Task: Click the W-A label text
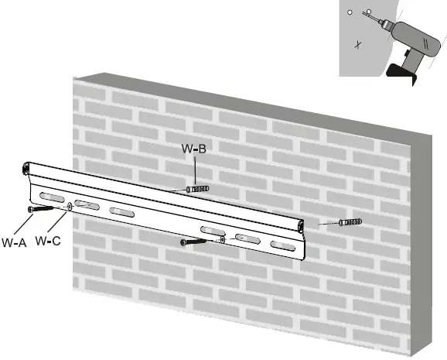(x=14, y=242)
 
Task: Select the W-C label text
(x=48, y=242)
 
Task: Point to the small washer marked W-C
(x=70, y=206)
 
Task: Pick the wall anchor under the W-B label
(x=198, y=189)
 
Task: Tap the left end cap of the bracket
(x=28, y=167)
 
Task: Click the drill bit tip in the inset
(x=370, y=14)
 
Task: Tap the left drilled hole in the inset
(x=350, y=13)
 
